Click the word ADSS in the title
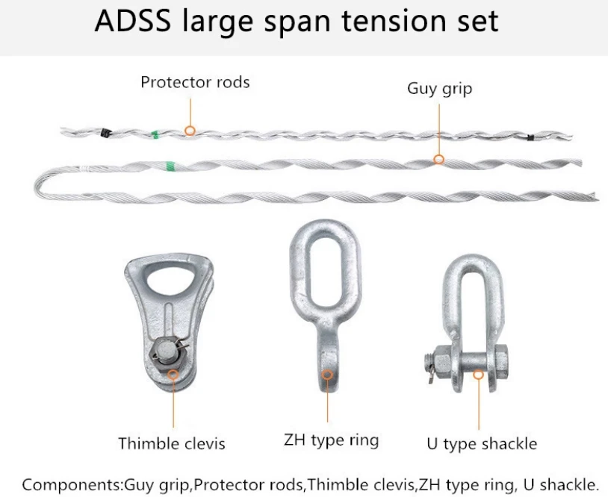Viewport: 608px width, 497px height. click(133, 21)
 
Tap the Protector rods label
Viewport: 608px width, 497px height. click(195, 82)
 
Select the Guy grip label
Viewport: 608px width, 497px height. click(440, 89)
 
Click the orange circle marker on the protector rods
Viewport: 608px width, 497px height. click(190, 131)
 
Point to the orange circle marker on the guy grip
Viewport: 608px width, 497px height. click(438, 159)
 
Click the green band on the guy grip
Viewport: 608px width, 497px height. click(170, 166)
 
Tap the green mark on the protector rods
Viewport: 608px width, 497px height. click(155, 135)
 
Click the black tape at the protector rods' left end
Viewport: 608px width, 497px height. click(105, 133)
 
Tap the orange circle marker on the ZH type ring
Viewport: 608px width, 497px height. click(327, 375)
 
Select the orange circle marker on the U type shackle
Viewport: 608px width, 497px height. click(479, 374)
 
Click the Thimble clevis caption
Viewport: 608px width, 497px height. click(172, 443)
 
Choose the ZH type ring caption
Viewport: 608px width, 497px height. click(331, 440)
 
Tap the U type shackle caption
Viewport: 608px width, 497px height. click(482, 444)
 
